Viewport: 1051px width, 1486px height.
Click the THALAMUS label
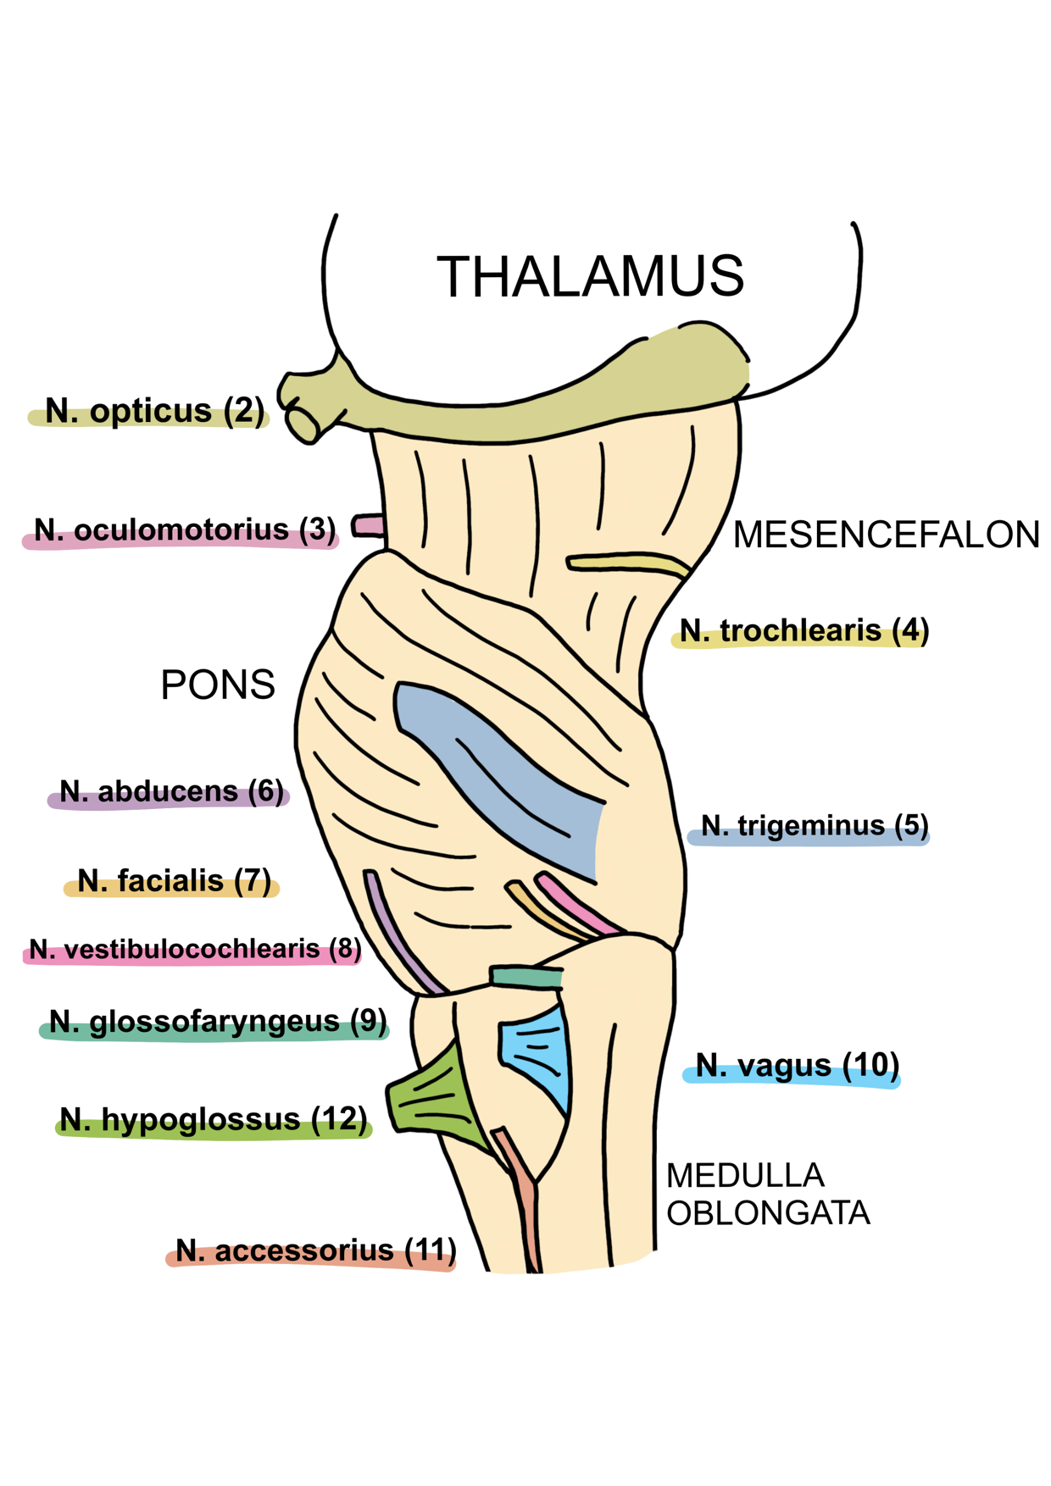click(x=590, y=276)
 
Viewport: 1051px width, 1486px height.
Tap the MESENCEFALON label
click(x=886, y=535)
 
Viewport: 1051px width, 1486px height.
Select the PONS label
click(x=218, y=685)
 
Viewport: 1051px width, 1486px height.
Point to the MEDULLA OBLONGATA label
click(x=767, y=1195)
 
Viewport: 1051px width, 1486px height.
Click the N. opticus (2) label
click(x=154, y=411)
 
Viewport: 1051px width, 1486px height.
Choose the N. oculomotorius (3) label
click(x=184, y=530)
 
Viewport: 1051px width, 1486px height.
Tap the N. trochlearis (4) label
click(x=804, y=631)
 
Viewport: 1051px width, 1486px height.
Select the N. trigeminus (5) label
click(x=814, y=826)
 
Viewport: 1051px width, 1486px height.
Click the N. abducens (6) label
click(x=171, y=792)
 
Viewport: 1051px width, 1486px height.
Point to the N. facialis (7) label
click(x=174, y=881)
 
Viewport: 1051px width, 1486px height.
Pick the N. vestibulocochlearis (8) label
click(x=195, y=950)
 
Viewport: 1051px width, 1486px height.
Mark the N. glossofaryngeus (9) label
click(x=217, y=1022)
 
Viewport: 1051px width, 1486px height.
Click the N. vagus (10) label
click(x=797, y=1066)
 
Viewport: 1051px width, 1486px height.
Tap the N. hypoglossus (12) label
click(x=214, y=1120)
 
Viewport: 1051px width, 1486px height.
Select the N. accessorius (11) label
click(x=315, y=1250)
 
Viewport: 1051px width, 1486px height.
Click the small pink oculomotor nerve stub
click(x=368, y=526)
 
